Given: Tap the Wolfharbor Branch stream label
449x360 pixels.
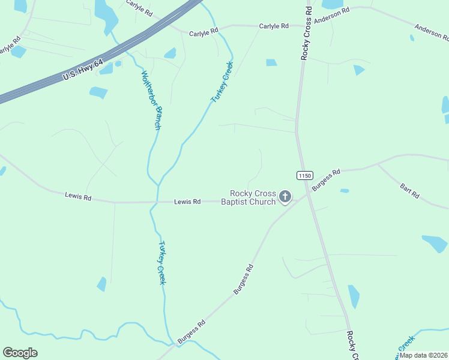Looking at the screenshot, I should pyautogui.click(x=151, y=100).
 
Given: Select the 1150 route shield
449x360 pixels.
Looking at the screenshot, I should pyautogui.click(x=304, y=175).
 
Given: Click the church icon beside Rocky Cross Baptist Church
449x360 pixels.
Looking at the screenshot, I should pyautogui.click(x=285, y=197).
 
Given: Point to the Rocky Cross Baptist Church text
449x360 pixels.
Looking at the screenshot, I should pyautogui.click(x=253, y=197).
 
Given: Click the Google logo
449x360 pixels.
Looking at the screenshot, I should pyautogui.click(x=20, y=353).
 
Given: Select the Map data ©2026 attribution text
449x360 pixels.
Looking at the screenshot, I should pyautogui.click(x=423, y=355).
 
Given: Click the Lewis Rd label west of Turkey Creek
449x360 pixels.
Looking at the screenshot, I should pyautogui.click(x=78, y=196).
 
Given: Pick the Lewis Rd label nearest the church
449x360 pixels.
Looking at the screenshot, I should pyautogui.click(x=187, y=202).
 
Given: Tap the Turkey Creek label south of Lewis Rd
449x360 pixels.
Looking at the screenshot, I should pyautogui.click(x=161, y=262).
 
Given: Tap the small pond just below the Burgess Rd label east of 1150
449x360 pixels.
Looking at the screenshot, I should pyautogui.click(x=345, y=191).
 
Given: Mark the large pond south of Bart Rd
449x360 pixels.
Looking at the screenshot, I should pyautogui.click(x=435, y=243).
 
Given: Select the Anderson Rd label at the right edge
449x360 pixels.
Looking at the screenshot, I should pyautogui.click(x=432, y=32).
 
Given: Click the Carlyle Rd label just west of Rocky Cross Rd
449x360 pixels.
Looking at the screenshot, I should pyautogui.click(x=274, y=26).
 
